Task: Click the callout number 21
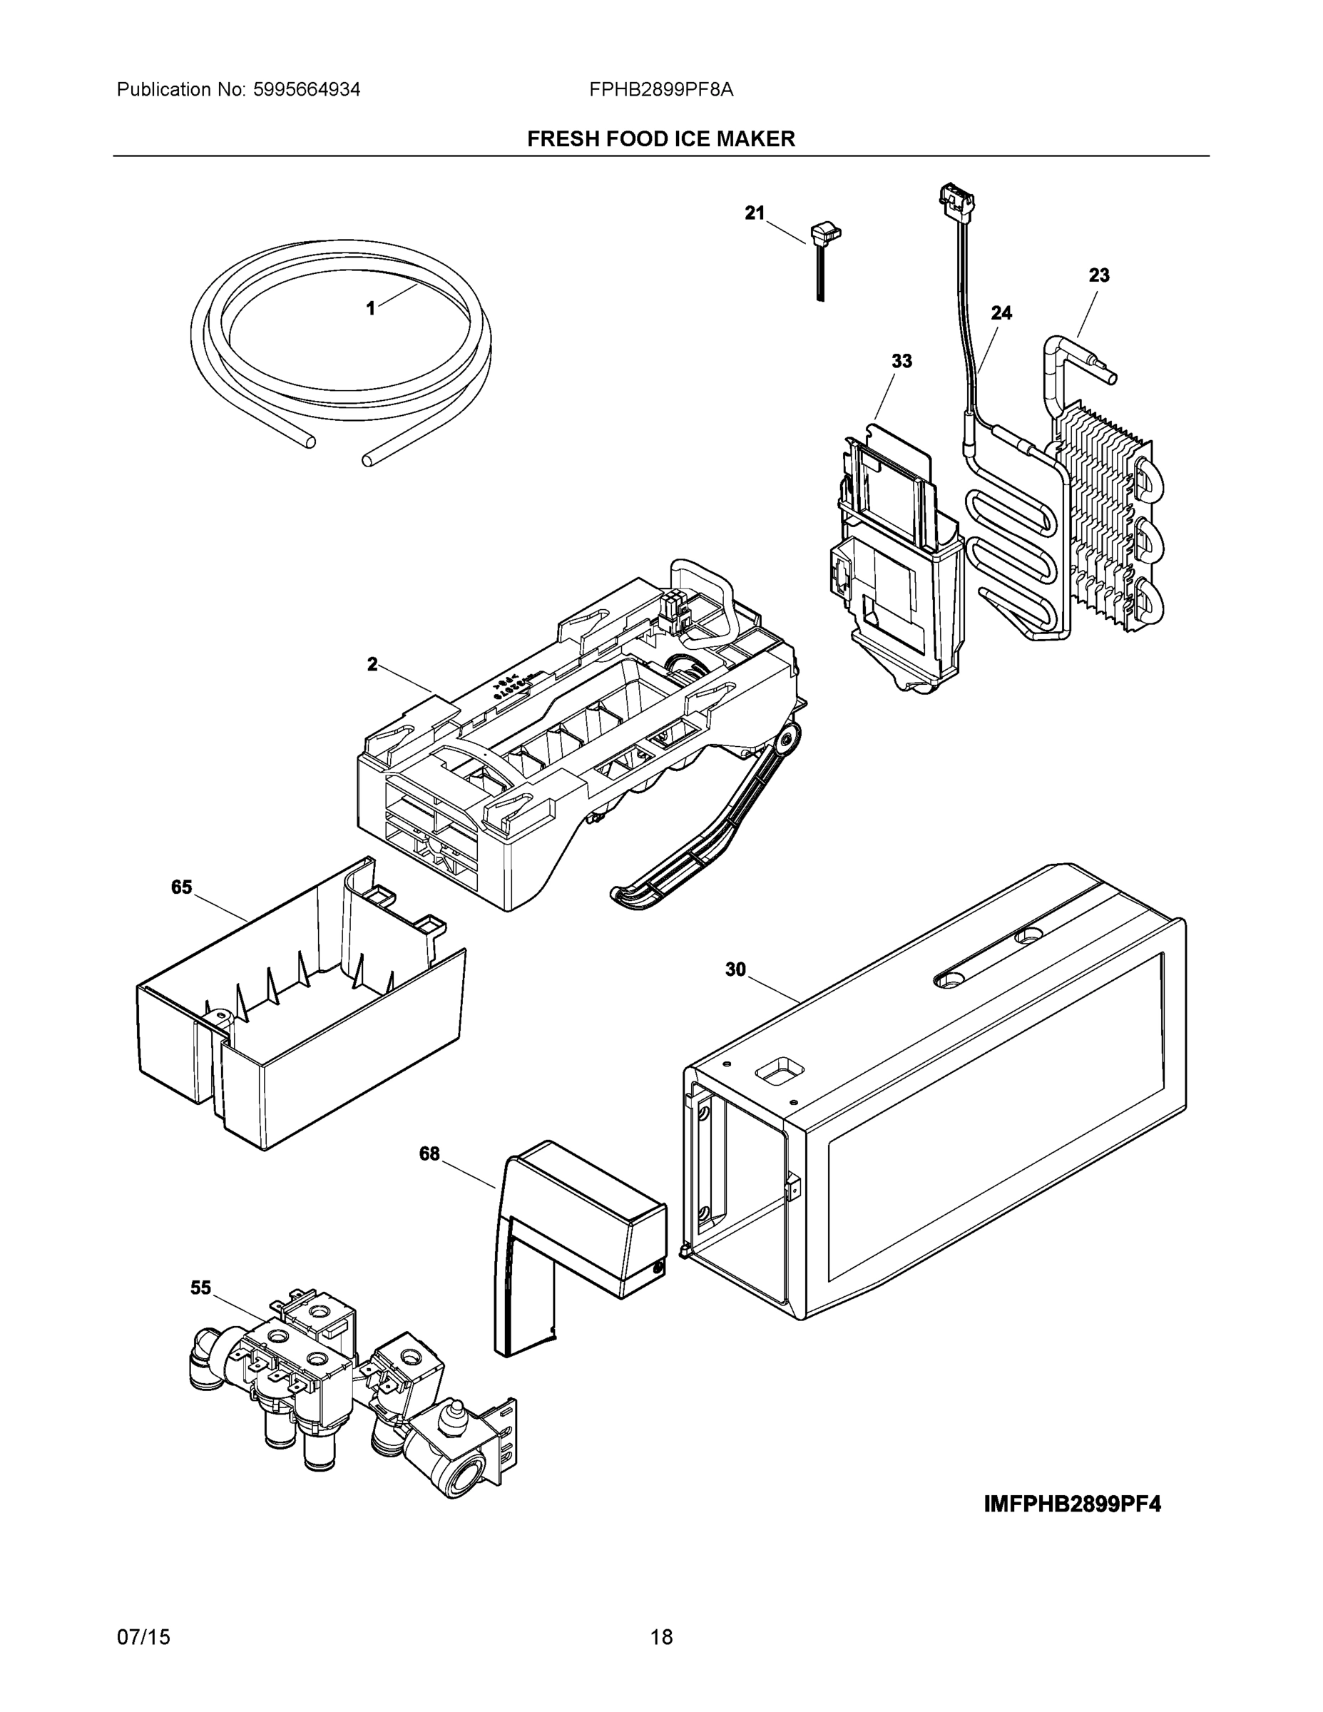click(x=754, y=213)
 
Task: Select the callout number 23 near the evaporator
click(x=1099, y=275)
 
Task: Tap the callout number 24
click(x=1001, y=312)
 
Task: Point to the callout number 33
click(x=901, y=362)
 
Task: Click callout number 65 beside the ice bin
click(x=181, y=887)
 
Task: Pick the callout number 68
click(x=429, y=1154)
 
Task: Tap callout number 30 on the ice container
click(x=735, y=969)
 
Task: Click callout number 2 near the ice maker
click(x=372, y=665)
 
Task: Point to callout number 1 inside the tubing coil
click(x=371, y=309)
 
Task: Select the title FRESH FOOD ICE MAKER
click(x=660, y=140)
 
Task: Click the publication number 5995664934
click(x=307, y=90)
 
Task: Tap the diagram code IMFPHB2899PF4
click(x=1072, y=1504)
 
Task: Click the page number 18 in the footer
click(x=662, y=1638)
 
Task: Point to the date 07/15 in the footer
click(x=143, y=1638)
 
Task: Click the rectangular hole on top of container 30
click(x=779, y=1071)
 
